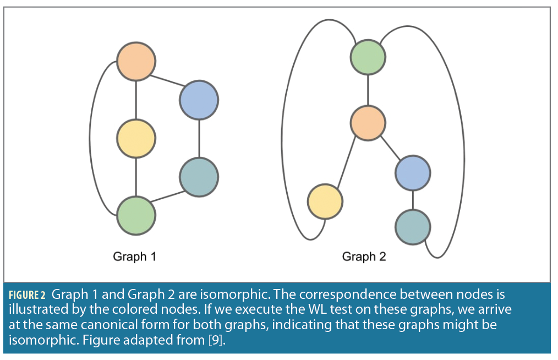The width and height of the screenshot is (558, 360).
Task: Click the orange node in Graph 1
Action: (136, 62)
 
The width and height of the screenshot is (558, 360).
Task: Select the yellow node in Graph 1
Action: (136, 138)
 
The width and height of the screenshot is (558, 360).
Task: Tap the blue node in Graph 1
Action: (199, 100)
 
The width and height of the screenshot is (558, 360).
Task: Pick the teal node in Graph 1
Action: (199, 177)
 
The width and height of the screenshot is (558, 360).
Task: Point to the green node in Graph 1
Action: (136, 215)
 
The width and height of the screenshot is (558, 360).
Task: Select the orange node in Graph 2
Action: (368, 123)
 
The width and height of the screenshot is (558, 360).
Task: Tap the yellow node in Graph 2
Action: (325, 202)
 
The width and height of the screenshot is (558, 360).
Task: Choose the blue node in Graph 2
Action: (412, 173)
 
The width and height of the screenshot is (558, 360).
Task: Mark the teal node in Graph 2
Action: (412, 226)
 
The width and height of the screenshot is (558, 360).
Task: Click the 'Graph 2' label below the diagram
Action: (364, 257)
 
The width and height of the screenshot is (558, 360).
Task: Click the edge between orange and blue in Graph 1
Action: (167, 81)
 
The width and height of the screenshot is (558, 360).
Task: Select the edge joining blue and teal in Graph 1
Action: (199, 139)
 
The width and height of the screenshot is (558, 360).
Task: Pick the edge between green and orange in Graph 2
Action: (368, 90)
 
